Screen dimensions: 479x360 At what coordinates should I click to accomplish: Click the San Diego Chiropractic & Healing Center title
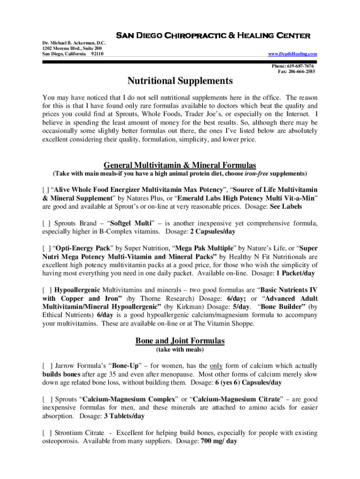tap(213, 36)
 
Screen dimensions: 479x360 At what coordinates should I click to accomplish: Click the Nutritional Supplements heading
tap(180, 81)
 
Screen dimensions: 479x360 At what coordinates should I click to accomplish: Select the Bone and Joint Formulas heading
tap(180, 341)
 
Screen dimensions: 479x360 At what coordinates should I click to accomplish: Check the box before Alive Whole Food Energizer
tap(45, 190)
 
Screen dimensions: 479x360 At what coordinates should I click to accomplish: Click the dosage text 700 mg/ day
tap(219, 441)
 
